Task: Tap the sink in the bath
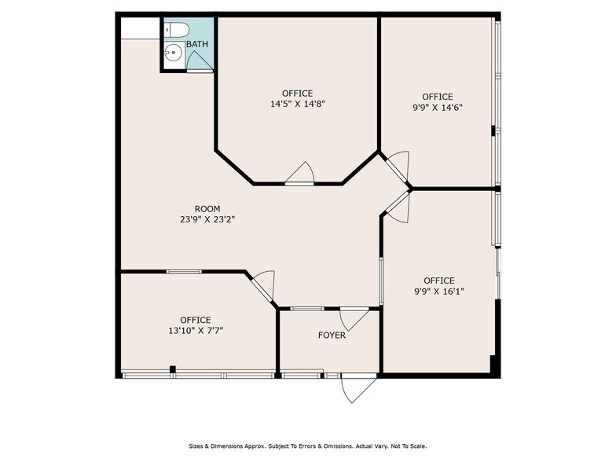coord(174,53)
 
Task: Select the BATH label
coord(196,44)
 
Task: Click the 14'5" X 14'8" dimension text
coord(297,103)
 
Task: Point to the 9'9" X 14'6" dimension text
coord(437,108)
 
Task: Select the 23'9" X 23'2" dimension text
coord(207,220)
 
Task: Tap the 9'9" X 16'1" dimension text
coord(438,291)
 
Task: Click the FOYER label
coord(332,335)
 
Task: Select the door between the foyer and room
coord(353,318)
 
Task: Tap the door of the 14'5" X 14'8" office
coord(300,174)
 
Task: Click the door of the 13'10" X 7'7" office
coord(262,286)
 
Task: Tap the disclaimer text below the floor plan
coord(307,445)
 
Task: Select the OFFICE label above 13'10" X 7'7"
coord(195,320)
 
